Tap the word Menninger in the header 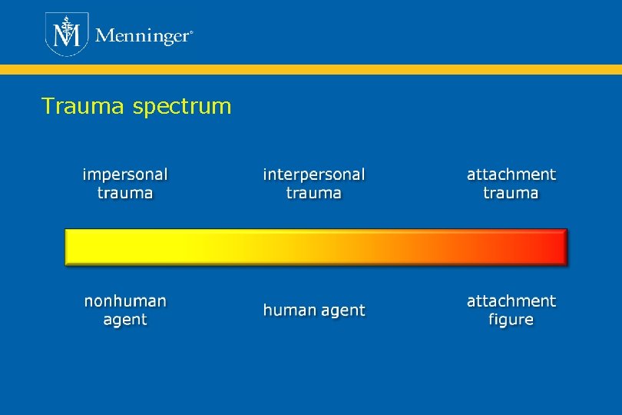tap(141, 36)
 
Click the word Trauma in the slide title tap(84, 106)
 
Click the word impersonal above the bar tap(125, 175)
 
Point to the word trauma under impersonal tap(125, 193)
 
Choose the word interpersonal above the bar tap(314, 175)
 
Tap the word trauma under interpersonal tap(314, 193)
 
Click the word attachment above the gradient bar tap(511, 174)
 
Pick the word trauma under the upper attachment tap(511, 193)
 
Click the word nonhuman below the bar tap(125, 300)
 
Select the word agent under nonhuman tap(125, 320)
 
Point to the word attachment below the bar tap(511, 300)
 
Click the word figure tap(511, 320)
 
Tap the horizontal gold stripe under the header tap(311, 69)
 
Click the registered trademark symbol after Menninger tap(190, 33)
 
